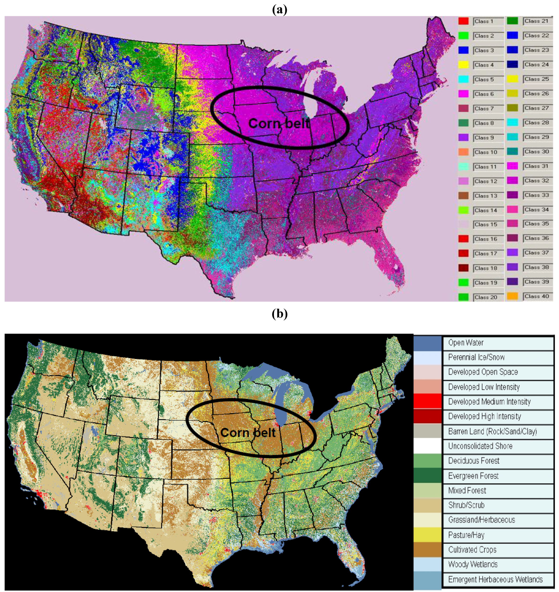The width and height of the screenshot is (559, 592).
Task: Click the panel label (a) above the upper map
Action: coord(279,10)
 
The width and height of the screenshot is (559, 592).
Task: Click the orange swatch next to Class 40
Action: coord(512,296)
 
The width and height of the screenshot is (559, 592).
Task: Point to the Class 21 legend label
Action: coord(536,21)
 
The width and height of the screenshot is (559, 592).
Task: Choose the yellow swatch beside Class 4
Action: coord(463,65)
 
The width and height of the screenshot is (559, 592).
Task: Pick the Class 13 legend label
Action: coord(486,196)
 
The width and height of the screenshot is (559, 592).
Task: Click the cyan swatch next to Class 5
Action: coord(463,79)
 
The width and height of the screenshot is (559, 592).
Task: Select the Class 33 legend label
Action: coord(536,195)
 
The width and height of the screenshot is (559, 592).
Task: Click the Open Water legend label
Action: coord(466,343)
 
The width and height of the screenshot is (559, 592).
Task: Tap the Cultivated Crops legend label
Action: coord(472,549)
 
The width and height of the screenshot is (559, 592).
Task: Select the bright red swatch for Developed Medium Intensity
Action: coord(427,401)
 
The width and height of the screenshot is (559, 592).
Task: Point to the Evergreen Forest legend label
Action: coord(473,476)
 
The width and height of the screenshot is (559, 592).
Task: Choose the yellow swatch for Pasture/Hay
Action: coord(427,535)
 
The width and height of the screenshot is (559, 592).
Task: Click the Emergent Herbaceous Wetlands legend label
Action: coord(495,579)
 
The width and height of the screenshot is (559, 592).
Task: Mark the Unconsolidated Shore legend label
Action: coord(480,446)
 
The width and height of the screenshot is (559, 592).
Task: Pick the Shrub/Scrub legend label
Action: coord(466,505)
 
